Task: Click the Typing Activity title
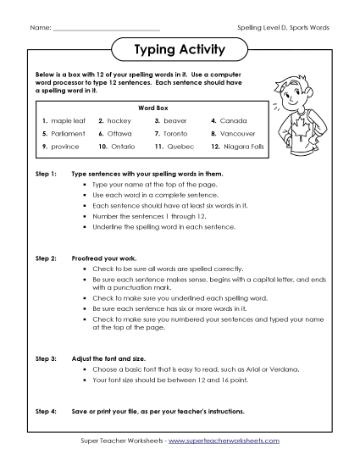180,50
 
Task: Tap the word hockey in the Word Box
123,121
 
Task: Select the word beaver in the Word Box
178,121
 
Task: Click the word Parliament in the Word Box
68,134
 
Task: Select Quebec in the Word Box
180,147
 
